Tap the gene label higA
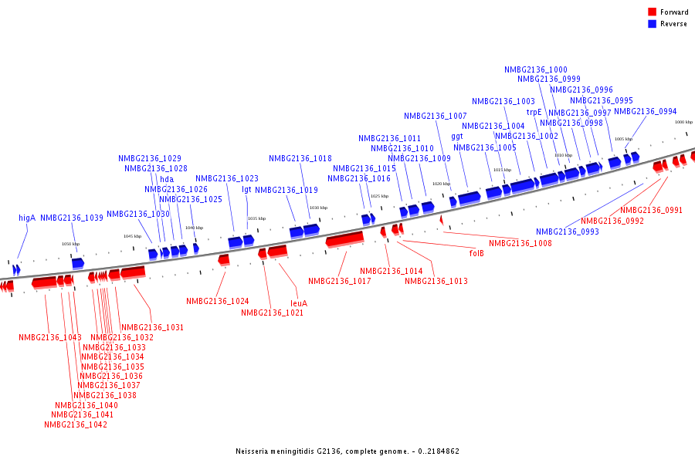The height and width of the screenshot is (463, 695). [27, 218]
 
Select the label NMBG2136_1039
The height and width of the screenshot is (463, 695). [72, 218]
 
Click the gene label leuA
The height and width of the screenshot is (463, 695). [299, 303]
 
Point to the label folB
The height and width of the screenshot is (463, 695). [476, 253]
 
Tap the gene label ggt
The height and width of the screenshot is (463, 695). [457, 136]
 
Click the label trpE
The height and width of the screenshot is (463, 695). [534, 112]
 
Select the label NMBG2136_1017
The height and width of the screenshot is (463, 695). [340, 281]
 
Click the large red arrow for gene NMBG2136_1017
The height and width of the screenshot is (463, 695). [344, 240]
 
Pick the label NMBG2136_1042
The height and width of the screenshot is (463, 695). [76, 424]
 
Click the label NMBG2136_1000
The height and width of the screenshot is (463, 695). [536, 69]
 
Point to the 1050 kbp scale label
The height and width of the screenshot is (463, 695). [70, 244]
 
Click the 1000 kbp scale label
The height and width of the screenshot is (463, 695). [683, 122]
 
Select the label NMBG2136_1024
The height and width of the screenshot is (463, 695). [218, 301]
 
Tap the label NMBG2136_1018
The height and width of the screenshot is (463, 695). [300, 158]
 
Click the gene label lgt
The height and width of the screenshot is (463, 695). [246, 189]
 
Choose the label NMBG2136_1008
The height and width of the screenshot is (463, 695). [520, 243]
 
